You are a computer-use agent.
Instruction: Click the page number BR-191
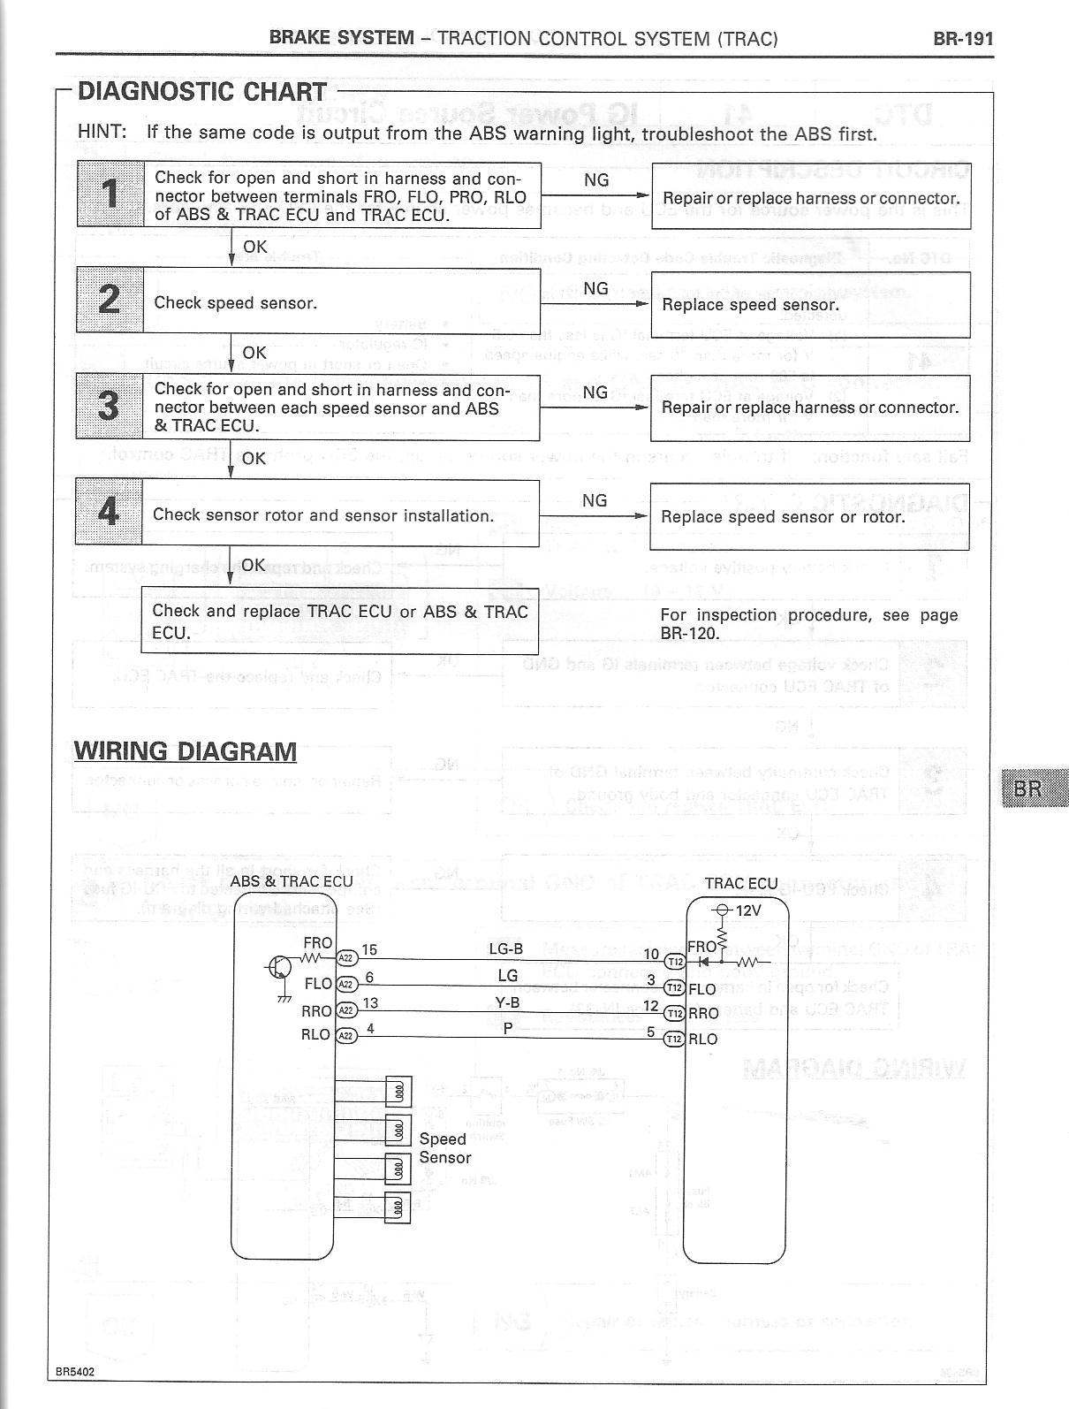click(963, 39)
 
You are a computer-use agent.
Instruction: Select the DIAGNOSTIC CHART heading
click(202, 92)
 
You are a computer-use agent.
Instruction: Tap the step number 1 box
click(110, 194)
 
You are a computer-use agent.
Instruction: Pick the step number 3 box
click(109, 406)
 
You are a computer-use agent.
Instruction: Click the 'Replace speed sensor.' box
click(810, 304)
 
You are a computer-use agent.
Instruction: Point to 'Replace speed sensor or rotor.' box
click(809, 517)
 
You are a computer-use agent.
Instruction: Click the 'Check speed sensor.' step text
click(235, 303)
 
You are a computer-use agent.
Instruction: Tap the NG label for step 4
click(595, 501)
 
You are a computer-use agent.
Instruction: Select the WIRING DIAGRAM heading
click(186, 751)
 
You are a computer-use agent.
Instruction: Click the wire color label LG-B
click(506, 949)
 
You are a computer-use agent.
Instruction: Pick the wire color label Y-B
click(507, 1003)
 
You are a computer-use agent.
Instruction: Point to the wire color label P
click(508, 1028)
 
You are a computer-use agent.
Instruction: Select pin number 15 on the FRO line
click(369, 949)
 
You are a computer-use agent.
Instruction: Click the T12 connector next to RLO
click(674, 1039)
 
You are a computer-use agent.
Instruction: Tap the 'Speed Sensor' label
click(444, 1148)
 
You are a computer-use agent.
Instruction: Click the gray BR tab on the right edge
click(1035, 788)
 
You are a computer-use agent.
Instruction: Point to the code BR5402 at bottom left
click(74, 1373)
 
